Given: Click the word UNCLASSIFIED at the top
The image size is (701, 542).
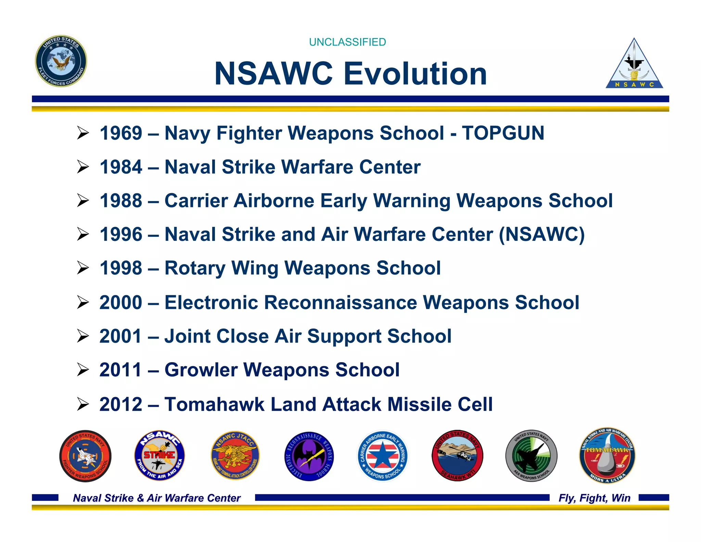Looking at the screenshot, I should tap(347, 42).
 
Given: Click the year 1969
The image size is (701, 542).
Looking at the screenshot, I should tap(121, 133).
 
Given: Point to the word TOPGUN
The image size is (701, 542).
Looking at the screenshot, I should tap(503, 133).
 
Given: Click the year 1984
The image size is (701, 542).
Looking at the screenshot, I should tap(121, 167).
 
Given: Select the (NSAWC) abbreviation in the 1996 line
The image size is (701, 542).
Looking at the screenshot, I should tap(541, 234).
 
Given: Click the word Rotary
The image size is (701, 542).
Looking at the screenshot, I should tap(195, 268).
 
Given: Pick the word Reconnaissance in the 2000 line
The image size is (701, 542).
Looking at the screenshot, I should tap(341, 303).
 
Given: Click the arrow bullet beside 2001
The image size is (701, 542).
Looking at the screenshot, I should tap(83, 336).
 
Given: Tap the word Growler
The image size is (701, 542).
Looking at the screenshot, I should tap(201, 370).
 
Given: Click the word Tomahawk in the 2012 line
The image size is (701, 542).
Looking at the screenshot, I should tap(214, 404).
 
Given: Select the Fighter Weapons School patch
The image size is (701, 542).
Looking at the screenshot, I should tap(85, 456).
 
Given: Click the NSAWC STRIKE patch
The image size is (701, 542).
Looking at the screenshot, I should tap(160, 455).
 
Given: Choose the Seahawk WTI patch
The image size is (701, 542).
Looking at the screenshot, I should tap(457, 456).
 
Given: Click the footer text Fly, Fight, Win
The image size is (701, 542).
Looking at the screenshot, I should tap(594, 498).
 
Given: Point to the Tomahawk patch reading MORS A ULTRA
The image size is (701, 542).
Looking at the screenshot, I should tap(607, 456).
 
